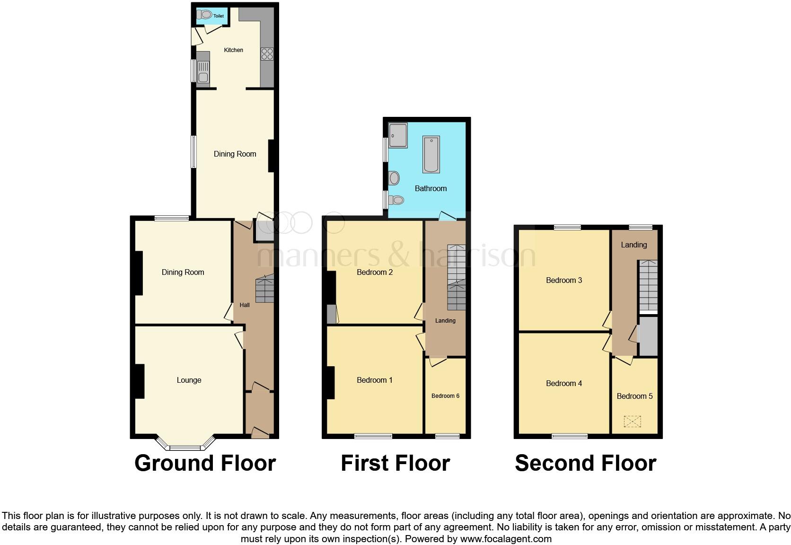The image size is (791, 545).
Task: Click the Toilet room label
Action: [218, 16]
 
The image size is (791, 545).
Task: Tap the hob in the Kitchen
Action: [267, 54]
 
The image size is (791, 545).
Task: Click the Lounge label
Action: [189, 380]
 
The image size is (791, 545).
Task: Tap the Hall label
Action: [245, 305]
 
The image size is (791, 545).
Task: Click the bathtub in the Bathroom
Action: [431, 154]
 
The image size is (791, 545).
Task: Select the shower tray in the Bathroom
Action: [397, 135]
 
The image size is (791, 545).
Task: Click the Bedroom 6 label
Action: [445, 396]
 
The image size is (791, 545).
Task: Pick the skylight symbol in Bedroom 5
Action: [632, 421]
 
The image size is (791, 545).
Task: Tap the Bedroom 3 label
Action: [564, 280]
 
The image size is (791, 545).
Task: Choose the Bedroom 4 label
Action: [564, 383]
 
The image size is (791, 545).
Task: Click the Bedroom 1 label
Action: [375, 380]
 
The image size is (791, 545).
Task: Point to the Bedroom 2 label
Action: [375, 272]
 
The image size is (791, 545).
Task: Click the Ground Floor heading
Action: [205, 463]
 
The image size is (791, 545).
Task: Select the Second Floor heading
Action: [585, 463]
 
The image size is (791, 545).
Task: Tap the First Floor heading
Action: [395, 463]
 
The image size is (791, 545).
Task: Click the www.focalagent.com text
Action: [506, 538]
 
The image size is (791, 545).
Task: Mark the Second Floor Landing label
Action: [633, 245]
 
